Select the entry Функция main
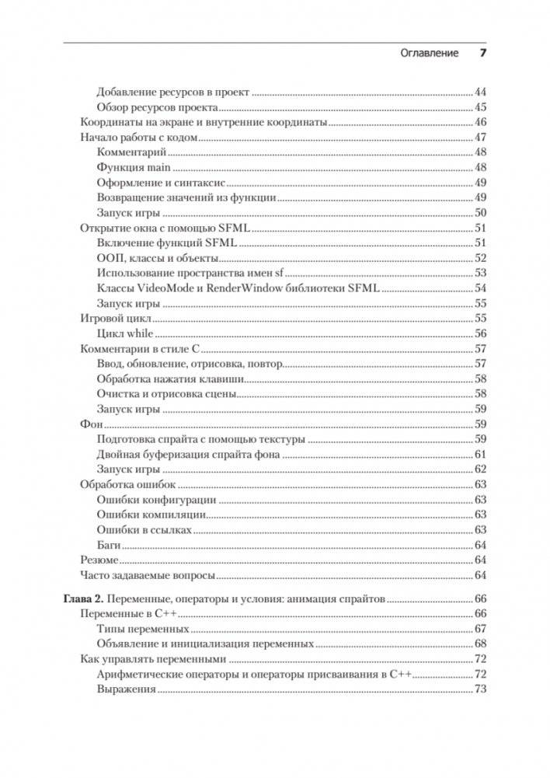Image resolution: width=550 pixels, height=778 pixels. pyautogui.click(x=133, y=167)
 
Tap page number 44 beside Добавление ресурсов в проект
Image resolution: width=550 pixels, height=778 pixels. pyautogui.click(x=480, y=92)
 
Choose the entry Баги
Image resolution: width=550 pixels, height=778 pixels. pyautogui.click(x=110, y=545)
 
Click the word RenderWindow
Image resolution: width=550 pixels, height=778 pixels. pyautogui.click(x=244, y=288)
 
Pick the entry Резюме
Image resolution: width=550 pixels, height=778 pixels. pyautogui.click(x=99, y=560)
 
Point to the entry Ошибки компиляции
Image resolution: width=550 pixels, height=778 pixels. pyautogui.click(x=151, y=515)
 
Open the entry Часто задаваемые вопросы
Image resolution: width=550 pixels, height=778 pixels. pyautogui.click(x=147, y=575)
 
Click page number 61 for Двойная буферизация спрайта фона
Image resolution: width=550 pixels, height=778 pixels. pyautogui.click(x=480, y=455)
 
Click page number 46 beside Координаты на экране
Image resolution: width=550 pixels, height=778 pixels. pyautogui.click(x=480, y=122)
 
